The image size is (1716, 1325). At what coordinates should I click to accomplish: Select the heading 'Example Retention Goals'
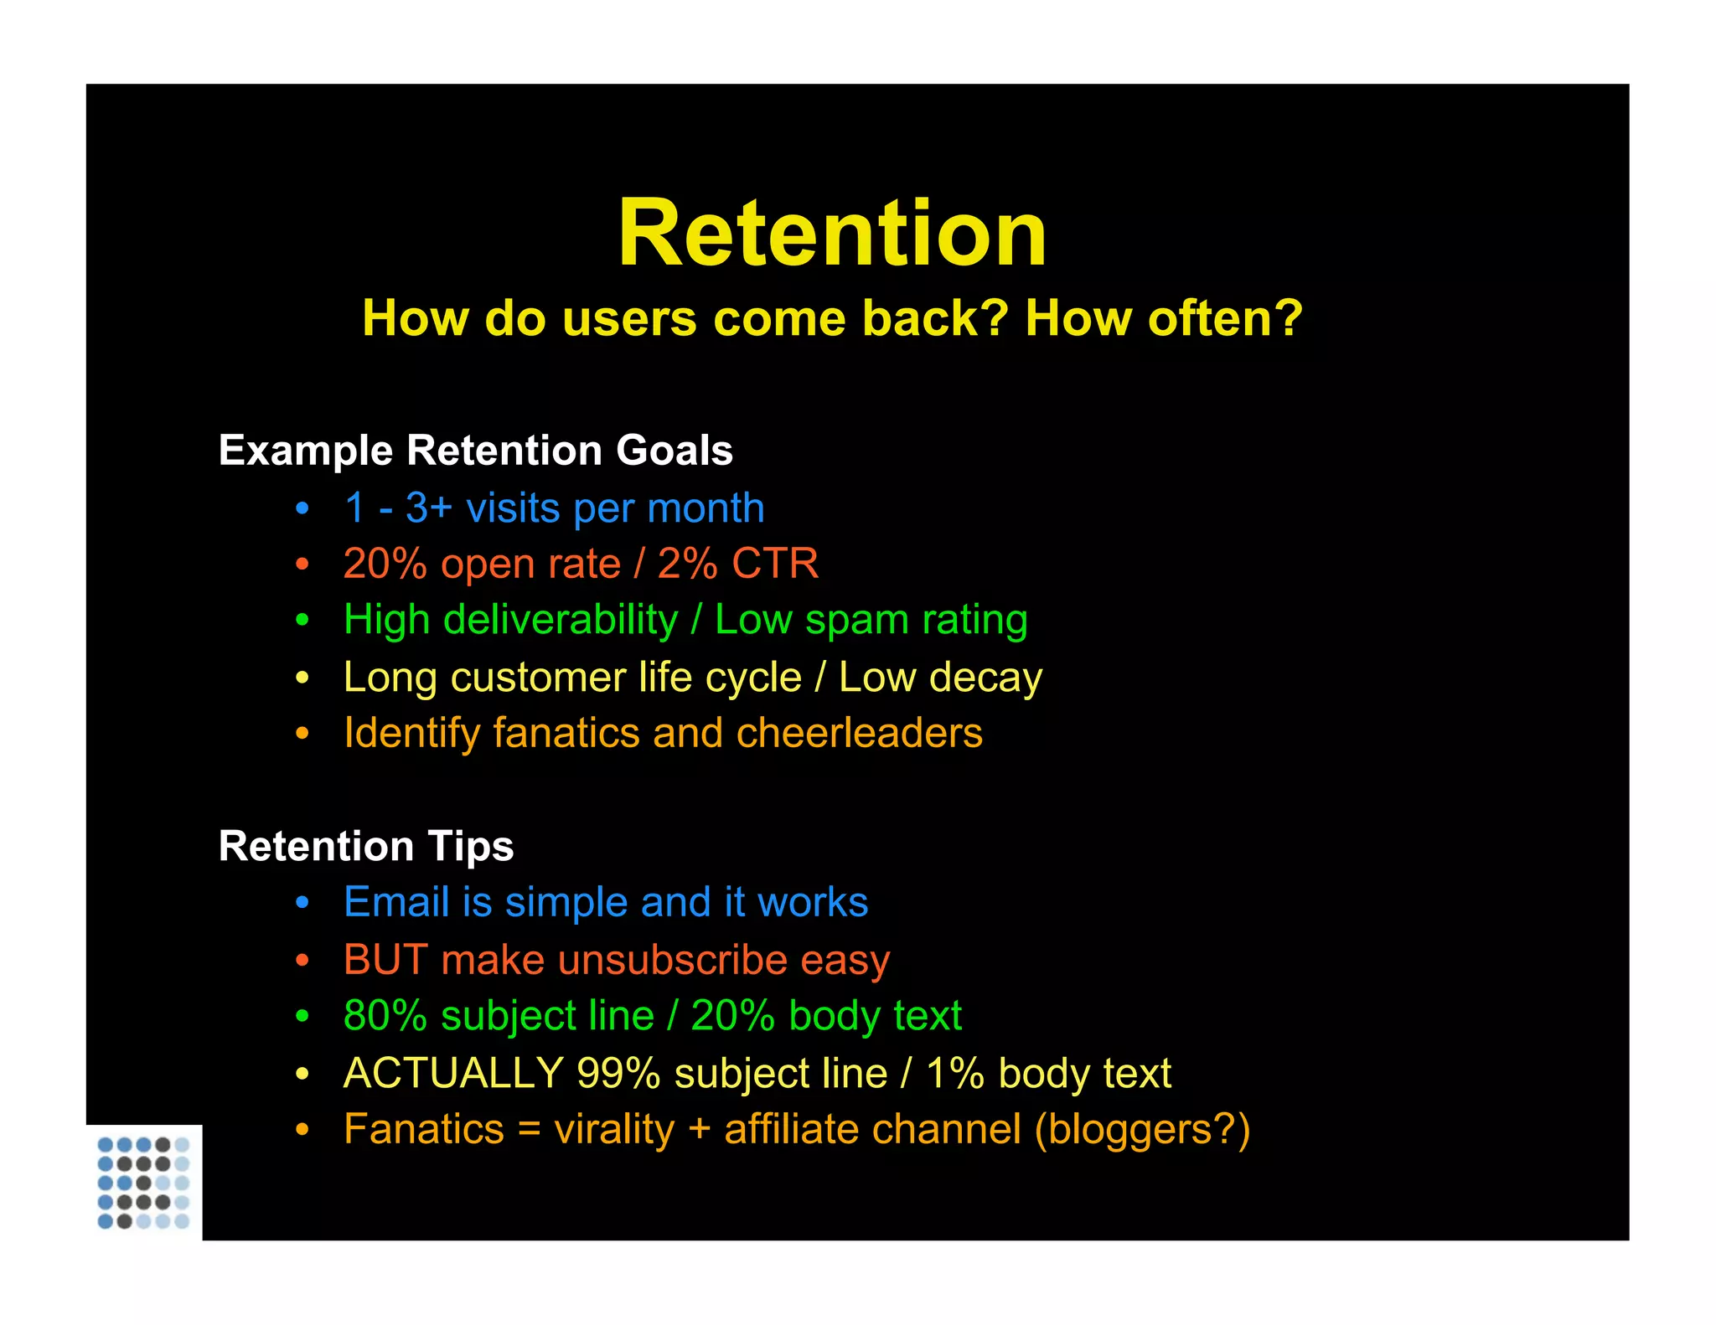[x=475, y=451]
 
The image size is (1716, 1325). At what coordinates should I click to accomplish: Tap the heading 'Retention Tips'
[x=366, y=846]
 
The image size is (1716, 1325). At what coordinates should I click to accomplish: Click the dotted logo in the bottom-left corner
[x=143, y=1182]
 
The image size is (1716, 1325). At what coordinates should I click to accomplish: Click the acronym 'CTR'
[x=775, y=564]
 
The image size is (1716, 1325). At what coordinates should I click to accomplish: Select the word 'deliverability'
[x=561, y=621]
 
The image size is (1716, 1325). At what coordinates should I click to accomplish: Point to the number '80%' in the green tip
[x=385, y=1016]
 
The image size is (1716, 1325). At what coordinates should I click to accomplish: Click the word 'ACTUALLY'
[x=452, y=1073]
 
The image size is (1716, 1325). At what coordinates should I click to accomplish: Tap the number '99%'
[x=618, y=1073]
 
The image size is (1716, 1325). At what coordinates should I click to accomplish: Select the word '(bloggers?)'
[x=1142, y=1130]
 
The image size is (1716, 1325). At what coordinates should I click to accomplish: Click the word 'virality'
[x=614, y=1130]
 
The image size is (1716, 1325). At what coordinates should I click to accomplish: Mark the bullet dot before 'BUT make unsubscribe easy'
[x=302, y=960]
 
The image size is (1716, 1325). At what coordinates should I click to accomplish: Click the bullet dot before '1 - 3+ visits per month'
[x=302, y=508]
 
